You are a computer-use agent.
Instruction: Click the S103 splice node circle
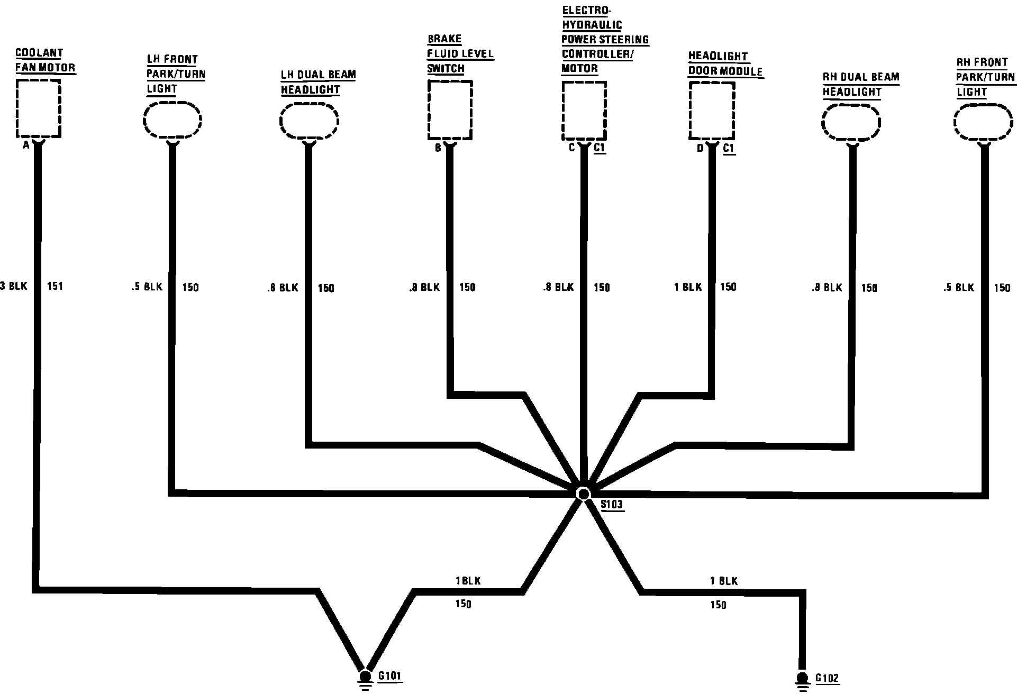click(583, 494)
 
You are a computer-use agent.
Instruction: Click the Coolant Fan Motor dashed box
click(38, 108)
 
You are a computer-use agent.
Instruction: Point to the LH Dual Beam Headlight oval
click(309, 122)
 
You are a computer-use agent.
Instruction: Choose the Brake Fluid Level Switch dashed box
click(450, 110)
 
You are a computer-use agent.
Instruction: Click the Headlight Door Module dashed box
click(712, 111)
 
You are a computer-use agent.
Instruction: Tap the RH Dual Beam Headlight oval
click(851, 124)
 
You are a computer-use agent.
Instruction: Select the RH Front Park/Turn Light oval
click(984, 123)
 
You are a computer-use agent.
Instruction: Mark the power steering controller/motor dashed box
click(584, 111)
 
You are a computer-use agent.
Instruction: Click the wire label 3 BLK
click(14, 286)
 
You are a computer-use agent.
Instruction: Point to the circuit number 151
click(55, 286)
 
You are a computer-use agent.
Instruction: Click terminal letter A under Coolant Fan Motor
click(25, 145)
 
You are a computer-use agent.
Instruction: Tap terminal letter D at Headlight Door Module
click(700, 149)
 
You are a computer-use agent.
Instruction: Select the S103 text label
click(612, 505)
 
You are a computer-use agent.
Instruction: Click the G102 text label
click(827, 678)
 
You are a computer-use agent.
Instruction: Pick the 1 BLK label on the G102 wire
click(723, 581)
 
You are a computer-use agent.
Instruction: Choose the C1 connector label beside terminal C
click(599, 148)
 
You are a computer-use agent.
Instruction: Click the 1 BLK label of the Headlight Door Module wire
click(688, 287)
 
